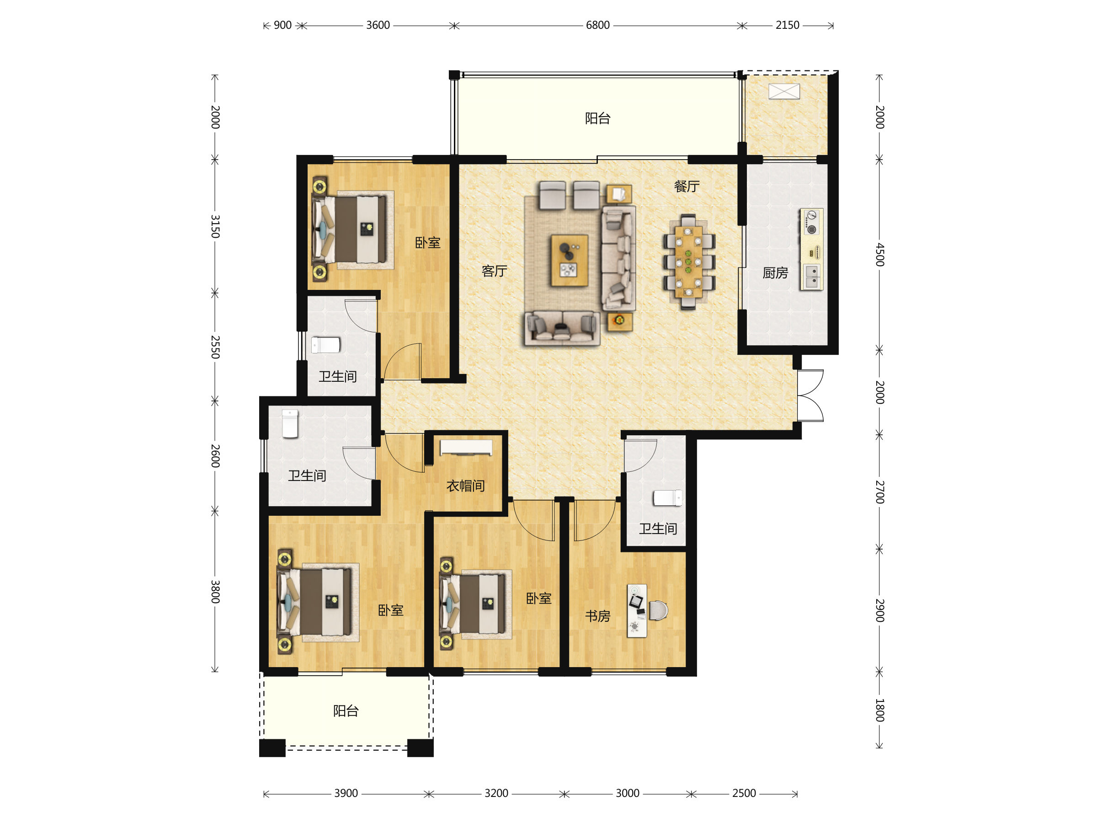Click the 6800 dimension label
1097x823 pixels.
click(597, 25)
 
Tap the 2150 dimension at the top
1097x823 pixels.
click(787, 25)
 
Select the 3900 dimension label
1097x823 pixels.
click(346, 793)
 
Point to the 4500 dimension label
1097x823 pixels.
click(879, 255)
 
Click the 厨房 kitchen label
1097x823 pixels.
click(775, 273)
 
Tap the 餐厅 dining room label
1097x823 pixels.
click(687, 187)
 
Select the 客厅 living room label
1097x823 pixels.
click(495, 271)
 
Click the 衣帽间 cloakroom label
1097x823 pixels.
click(466, 486)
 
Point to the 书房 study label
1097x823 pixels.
click(597, 616)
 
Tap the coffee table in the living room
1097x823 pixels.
click(570, 261)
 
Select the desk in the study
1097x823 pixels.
click(637, 611)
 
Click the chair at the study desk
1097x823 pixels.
click(658, 610)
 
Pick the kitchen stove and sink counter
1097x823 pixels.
click(811, 250)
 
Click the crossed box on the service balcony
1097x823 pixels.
click(784, 91)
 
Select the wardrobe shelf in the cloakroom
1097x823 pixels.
click(466, 447)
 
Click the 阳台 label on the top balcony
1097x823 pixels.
click(597, 118)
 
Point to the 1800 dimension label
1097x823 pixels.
click(879, 710)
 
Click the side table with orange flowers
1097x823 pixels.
click(620, 321)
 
